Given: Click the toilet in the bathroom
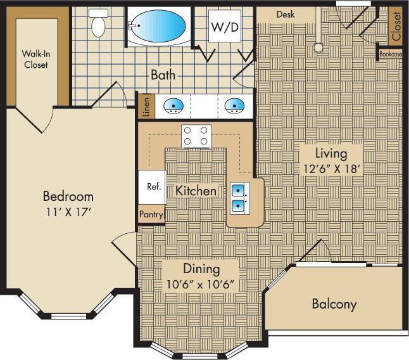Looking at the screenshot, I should pyautogui.click(x=99, y=24).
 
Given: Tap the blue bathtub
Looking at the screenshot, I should pyautogui.click(x=158, y=26).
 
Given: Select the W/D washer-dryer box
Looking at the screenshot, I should pyautogui.click(x=223, y=27).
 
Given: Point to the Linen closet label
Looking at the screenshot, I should pyautogui.click(x=146, y=106).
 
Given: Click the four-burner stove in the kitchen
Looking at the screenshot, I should pyautogui.click(x=196, y=136).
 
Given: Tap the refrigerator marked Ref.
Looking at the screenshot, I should pyautogui.click(x=153, y=187).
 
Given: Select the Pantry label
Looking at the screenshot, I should pyautogui.click(x=152, y=215).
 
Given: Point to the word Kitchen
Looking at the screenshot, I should pyautogui.click(x=196, y=190).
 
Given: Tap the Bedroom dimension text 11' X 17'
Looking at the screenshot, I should pyautogui.click(x=68, y=212).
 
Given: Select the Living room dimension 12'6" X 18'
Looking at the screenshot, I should pyautogui.click(x=332, y=169).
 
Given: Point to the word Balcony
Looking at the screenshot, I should pyautogui.click(x=334, y=304).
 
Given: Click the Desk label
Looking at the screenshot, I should pyautogui.click(x=285, y=15).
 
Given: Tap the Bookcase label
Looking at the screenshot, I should pyautogui.click(x=390, y=55).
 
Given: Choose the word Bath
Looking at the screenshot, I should pyautogui.click(x=163, y=75).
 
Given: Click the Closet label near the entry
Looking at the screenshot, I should pyautogui.click(x=396, y=27).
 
